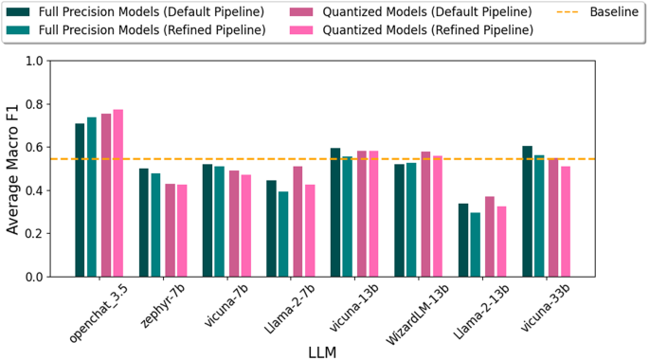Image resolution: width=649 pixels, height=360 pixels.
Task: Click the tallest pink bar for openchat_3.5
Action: tap(118, 193)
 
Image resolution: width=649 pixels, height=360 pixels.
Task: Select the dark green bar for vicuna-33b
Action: tap(527, 211)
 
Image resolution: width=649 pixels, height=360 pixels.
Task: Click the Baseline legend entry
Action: tap(599, 12)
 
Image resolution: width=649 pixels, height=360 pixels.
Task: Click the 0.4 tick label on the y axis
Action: tap(35, 190)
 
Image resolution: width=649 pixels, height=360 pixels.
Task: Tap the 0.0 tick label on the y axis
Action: tap(35, 277)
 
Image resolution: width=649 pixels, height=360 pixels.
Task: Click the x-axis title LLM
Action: tap(323, 351)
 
